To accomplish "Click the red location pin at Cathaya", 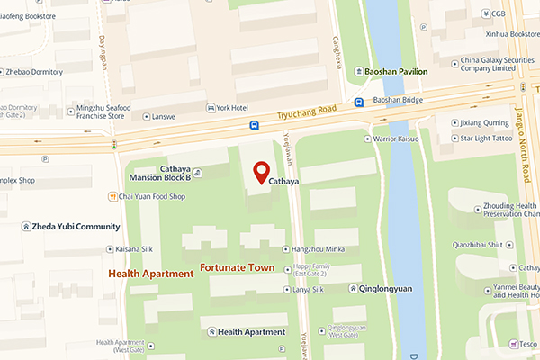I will point(261,172).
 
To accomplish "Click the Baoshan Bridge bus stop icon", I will point(359,102).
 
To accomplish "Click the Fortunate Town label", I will point(237,268).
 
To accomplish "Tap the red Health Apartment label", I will point(150,274).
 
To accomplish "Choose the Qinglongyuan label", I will point(384,289).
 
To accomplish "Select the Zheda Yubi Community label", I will point(71,226).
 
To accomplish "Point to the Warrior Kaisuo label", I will point(398,139).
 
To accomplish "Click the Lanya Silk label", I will point(308,289).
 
